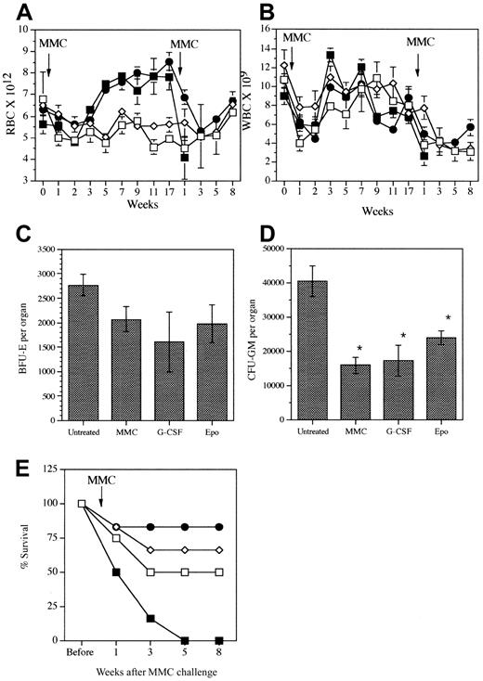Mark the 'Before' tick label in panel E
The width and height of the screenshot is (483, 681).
tap(80, 651)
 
